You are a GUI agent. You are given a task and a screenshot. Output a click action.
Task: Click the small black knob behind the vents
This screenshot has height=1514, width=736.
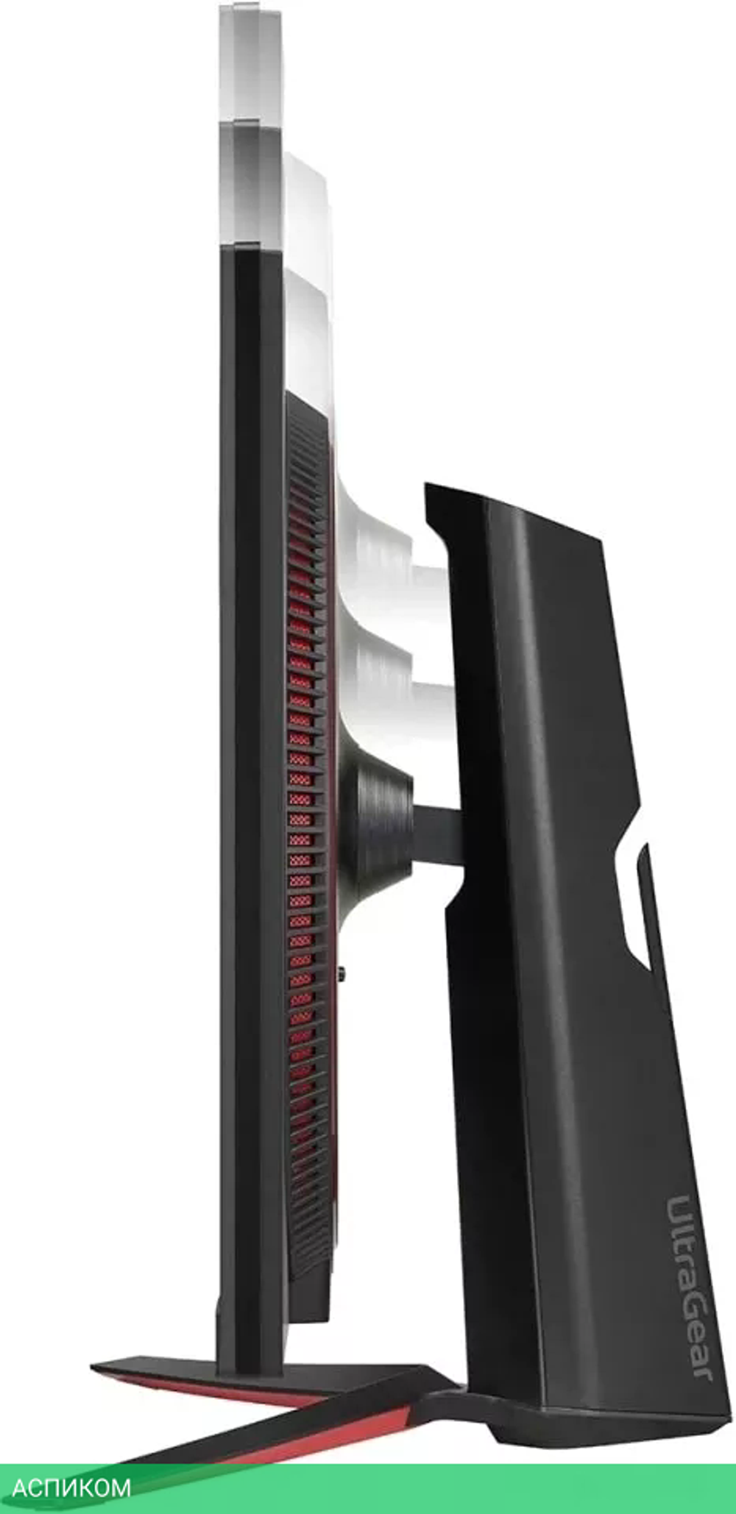point(344,975)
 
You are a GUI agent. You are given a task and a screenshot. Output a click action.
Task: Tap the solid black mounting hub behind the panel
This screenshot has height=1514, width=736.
point(379,817)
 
